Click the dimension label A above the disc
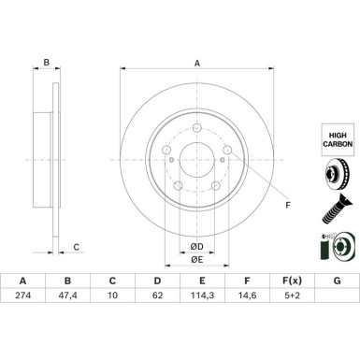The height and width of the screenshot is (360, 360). click(x=196, y=64)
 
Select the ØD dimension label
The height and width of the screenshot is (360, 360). click(x=195, y=246)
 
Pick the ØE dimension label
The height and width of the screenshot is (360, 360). click(x=195, y=261)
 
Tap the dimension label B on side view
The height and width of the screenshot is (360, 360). click(x=46, y=64)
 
